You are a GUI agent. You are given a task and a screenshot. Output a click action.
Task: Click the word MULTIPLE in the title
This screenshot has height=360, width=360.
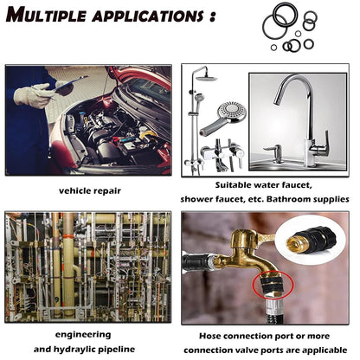coord(46,15)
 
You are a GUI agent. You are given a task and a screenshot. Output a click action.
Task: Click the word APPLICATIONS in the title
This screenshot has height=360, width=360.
coord(148,16)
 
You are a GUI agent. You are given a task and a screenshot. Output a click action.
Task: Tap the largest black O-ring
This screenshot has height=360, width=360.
coord(274,27)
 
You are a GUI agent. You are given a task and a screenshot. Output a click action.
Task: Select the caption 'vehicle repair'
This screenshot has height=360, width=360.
coord(90,191)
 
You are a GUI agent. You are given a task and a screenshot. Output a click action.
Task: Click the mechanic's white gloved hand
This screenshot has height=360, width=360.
coord(32,95)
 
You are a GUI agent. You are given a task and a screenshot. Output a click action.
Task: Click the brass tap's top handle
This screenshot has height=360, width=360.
coord(244,236)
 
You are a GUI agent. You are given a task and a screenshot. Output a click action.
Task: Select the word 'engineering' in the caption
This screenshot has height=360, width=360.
coord(83,335)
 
